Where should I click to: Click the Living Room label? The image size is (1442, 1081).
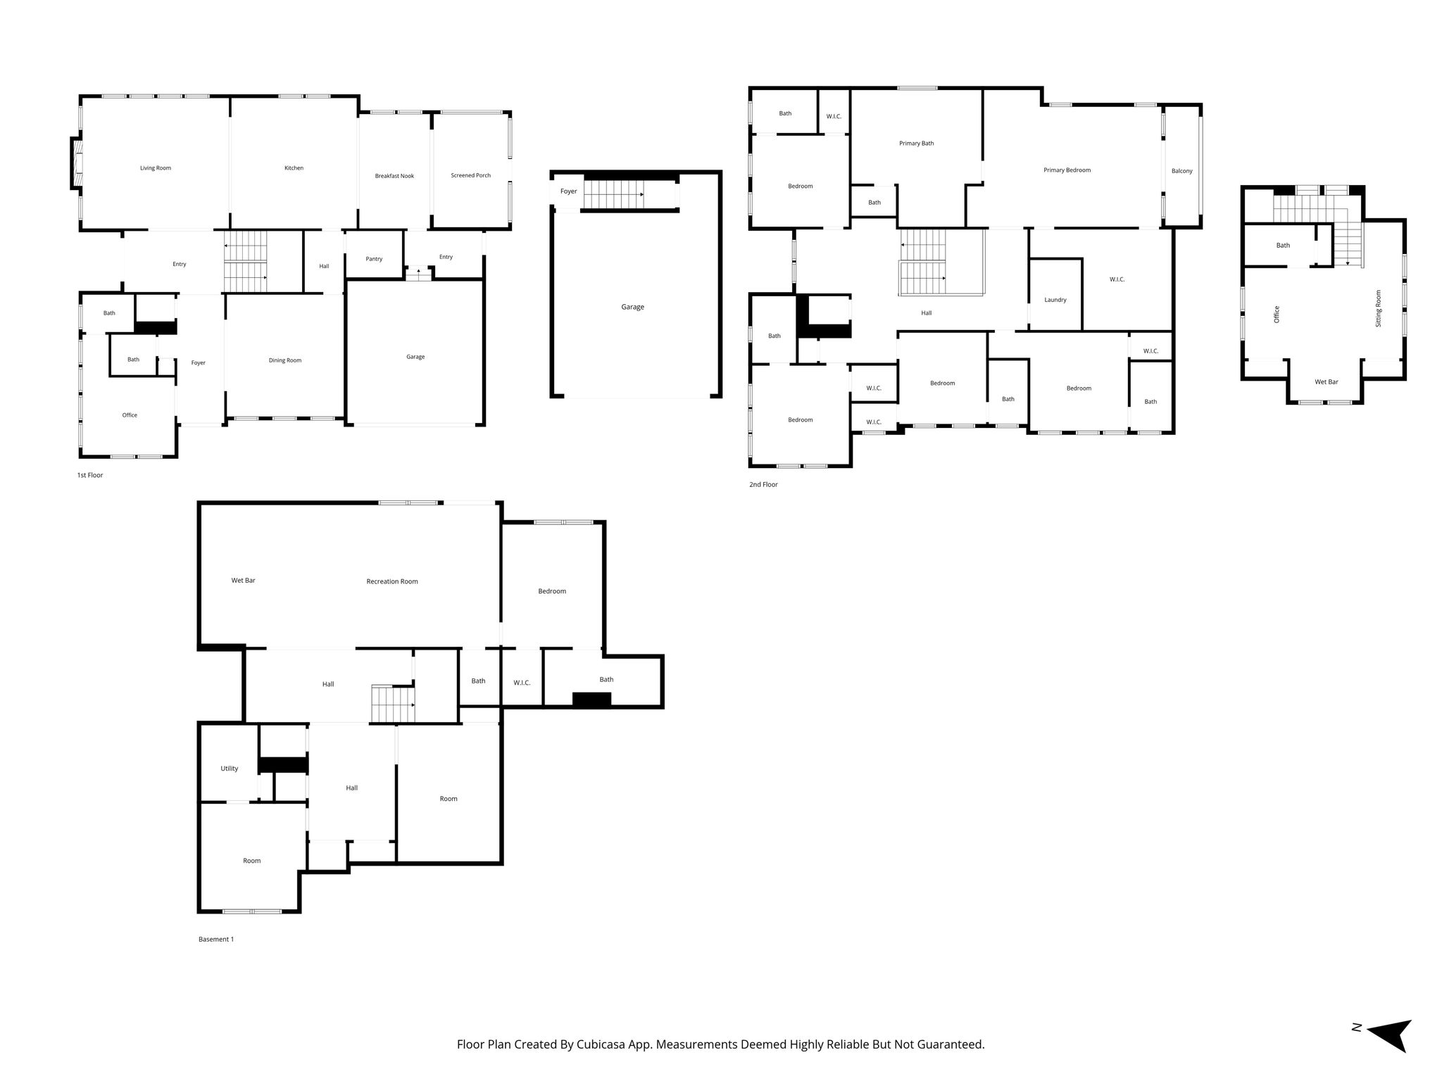156,168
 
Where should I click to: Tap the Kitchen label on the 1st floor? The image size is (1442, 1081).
294,168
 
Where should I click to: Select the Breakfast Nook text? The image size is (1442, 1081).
394,176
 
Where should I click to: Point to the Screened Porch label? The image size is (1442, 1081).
471,175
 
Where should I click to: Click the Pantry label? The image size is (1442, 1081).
374,259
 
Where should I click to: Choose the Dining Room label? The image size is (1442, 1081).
285,360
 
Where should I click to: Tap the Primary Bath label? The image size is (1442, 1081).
917,144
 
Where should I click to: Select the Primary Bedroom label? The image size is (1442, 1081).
1067,170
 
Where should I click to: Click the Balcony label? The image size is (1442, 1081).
1182,171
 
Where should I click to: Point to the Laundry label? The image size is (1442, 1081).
1055,300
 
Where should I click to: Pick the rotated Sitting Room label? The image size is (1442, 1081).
1379,308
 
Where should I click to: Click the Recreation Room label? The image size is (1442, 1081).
392,581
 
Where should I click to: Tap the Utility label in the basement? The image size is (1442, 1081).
230,769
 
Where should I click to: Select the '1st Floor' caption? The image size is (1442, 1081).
90,475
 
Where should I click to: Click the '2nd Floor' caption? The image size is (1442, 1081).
763,485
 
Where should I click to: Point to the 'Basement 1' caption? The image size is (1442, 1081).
216,939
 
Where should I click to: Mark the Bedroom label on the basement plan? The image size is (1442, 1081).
552,591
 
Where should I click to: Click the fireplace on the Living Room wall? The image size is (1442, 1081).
77,163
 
